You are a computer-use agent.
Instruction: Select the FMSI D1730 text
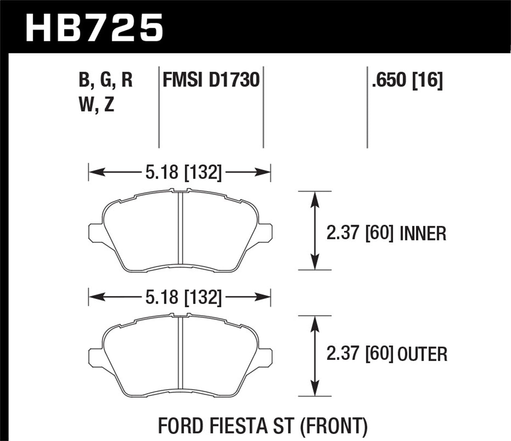(x=211, y=80)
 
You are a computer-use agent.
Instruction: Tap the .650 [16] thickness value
(x=407, y=80)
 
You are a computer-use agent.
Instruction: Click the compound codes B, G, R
(x=105, y=80)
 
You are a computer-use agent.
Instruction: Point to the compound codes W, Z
(x=96, y=105)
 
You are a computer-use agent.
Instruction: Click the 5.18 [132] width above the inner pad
(x=183, y=172)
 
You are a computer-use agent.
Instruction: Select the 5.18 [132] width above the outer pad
(x=183, y=298)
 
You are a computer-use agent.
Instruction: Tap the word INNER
(x=422, y=233)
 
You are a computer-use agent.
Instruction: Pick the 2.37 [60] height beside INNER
(x=360, y=233)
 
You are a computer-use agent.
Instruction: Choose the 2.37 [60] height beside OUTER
(x=360, y=354)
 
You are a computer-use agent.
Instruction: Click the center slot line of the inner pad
(x=181, y=229)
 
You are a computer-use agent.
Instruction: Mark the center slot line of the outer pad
(x=181, y=353)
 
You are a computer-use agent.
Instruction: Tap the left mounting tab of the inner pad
(x=96, y=232)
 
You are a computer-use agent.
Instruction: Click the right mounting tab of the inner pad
(x=265, y=232)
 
